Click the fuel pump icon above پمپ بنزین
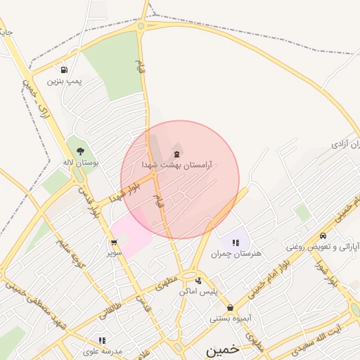pyautogui.click(x=65, y=70)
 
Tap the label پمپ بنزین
pyautogui.click(x=65, y=81)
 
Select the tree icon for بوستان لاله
pyautogui.click(x=80, y=150)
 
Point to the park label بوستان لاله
pyautogui.click(x=81, y=162)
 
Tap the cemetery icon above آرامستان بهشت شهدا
pyautogui.click(x=176, y=153)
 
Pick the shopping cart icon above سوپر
pyautogui.click(x=114, y=242)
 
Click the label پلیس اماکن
pyautogui.click(x=198, y=290)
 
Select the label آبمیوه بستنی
pyautogui.click(x=230, y=318)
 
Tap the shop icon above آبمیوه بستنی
pyautogui.click(x=230, y=307)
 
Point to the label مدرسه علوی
pyautogui.click(x=103, y=351)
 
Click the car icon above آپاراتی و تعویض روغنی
pyautogui.click(x=323, y=236)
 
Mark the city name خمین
pyautogui.click(x=223, y=349)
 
